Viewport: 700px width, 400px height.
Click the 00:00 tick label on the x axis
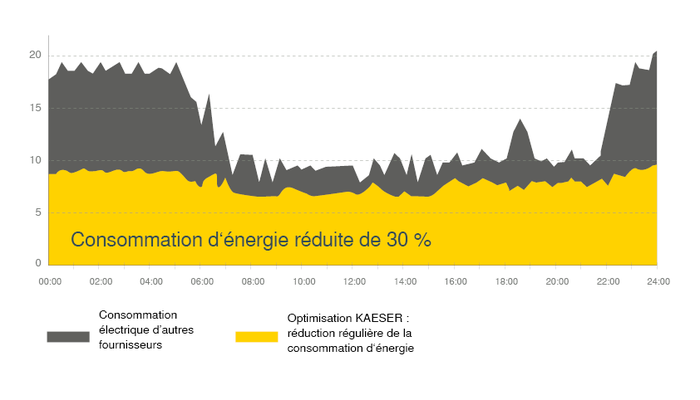tap(49, 282)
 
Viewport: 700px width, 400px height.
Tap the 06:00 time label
tap(202, 282)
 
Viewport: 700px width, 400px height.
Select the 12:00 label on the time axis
tap(354, 282)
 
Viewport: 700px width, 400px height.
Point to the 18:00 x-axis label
tap(507, 282)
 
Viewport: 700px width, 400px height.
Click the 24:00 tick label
tap(658, 282)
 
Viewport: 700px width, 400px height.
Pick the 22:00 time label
tap(608, 282)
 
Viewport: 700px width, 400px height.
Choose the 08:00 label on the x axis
tap(253, 282)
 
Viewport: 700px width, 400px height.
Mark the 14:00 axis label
tap(405, 282)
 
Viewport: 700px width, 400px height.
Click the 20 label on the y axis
tap(36, 55)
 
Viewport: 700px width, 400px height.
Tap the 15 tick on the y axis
tap(36, 107)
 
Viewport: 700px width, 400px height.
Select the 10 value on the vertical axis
tap(36, 160)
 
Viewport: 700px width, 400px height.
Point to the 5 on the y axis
tap(39, 212)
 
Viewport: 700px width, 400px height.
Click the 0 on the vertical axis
tap(39, 264)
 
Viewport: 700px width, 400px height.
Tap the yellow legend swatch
tap(256, 336)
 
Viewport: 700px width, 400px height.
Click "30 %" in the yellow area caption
tap(409, 241)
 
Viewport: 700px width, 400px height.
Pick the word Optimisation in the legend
tap(319, 317)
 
